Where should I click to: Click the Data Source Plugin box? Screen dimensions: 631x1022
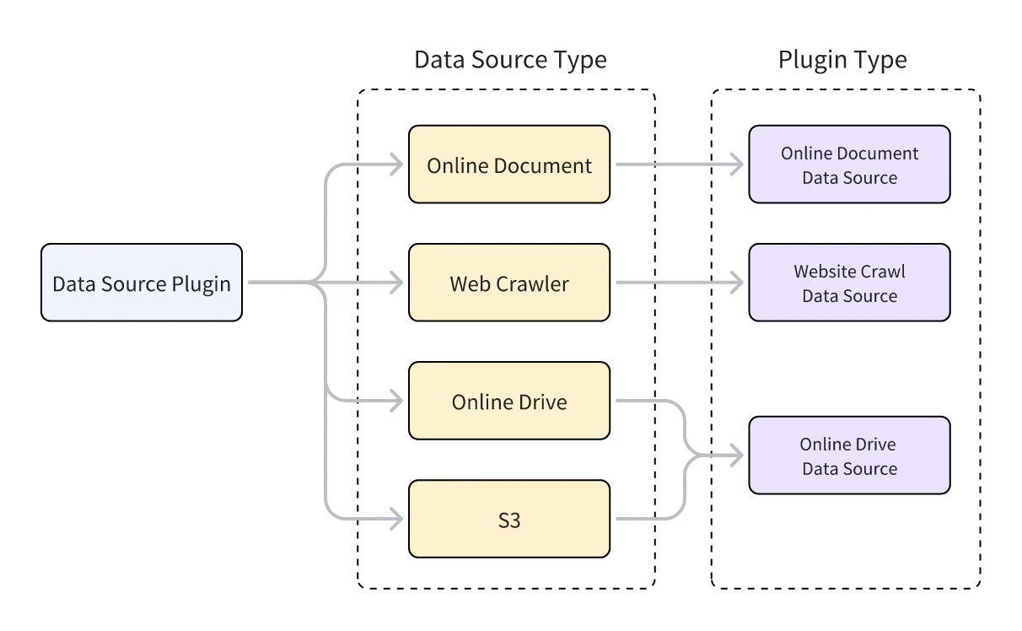141,283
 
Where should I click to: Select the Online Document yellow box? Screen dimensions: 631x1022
508,164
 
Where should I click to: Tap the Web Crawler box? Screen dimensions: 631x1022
508,283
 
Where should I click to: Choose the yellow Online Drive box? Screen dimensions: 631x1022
508,401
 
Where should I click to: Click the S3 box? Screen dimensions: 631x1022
508,519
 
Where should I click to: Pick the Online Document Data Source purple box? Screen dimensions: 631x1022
849,164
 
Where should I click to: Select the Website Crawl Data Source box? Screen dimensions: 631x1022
849,283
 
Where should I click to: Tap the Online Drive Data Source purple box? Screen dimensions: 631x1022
849,456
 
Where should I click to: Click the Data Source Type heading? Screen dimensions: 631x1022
509,60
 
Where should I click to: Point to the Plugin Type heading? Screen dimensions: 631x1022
842,60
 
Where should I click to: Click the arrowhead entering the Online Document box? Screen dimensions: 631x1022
398,164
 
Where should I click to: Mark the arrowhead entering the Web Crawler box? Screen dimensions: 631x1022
398,283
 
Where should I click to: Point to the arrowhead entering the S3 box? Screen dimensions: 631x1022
398,519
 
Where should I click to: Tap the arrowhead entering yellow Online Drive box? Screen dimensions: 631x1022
398,401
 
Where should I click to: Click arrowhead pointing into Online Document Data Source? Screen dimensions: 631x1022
738,164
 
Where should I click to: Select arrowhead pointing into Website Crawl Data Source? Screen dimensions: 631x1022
738,283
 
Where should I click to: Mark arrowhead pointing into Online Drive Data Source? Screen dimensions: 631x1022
738,456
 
